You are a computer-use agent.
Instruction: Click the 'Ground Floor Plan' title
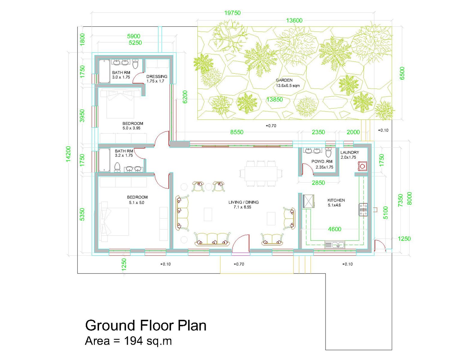(x=145, y=326)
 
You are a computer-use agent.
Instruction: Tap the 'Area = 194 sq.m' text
(x=128, y=341)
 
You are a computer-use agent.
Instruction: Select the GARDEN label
(x=284, y=80)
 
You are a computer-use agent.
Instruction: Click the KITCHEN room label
(x=336, y=200)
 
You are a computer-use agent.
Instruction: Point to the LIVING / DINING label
(x=243, y=202)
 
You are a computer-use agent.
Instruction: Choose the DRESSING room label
(x=157, y=76)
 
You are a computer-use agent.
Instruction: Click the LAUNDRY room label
(x=349, y=152)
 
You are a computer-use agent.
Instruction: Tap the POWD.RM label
(x=322, y=161)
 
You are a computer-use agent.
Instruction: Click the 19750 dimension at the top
(x=232, y=13)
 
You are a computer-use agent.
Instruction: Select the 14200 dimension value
(x=68, y=154)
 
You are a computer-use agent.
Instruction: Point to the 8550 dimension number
(x=237, y=132)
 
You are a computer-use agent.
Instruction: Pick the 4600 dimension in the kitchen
(x=334, y=229)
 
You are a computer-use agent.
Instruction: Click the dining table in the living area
(x=261, y=174)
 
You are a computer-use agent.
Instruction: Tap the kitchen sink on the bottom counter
(x=334, y=245)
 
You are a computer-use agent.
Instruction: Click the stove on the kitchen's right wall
(x=363, y=210)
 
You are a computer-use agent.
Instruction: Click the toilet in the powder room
(x=328, y=152)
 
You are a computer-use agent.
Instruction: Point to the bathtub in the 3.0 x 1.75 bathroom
(x=104, y=71)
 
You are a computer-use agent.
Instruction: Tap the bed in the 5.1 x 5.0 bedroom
(x=115, y=222)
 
